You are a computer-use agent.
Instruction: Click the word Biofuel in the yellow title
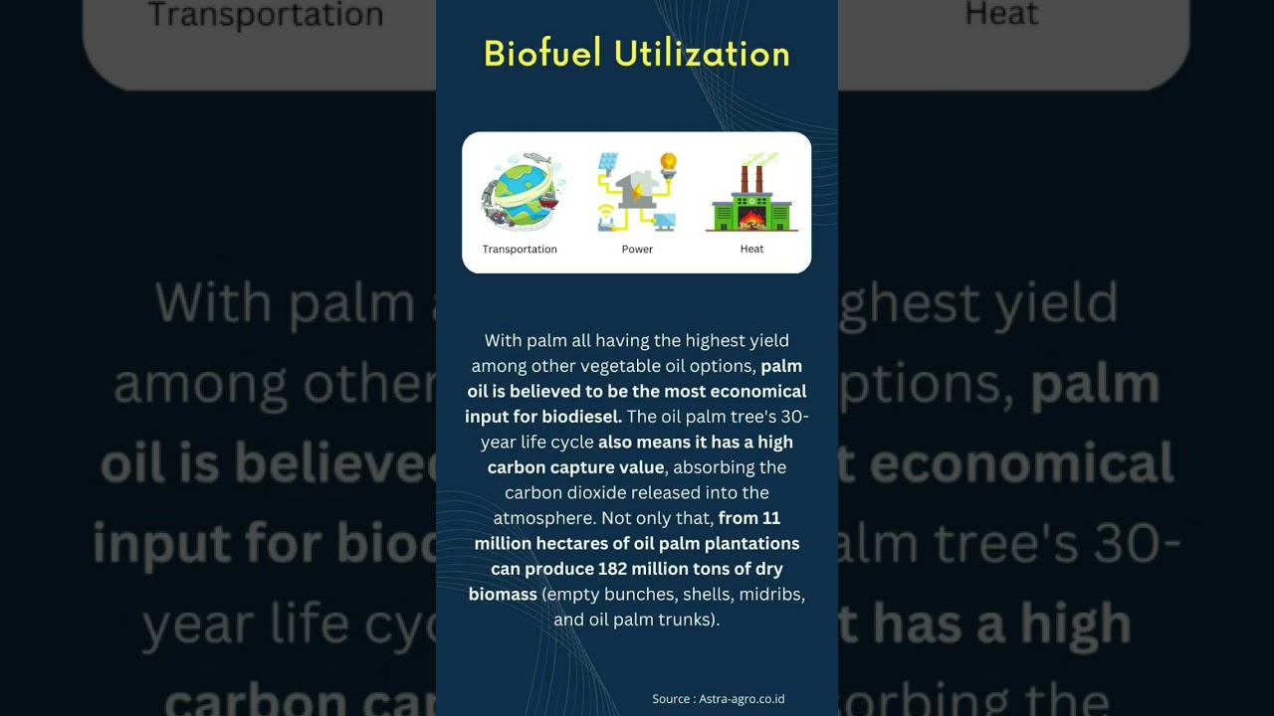[x=542, y=54]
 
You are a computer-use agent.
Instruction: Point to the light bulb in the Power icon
[x=669, y=162]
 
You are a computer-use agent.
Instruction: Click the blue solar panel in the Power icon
[x=608, y=163]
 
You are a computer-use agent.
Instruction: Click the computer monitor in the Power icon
[x=664, y=220]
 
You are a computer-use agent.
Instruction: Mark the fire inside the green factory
[x=751, y=217]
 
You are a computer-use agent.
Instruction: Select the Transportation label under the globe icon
[x=520, y=250]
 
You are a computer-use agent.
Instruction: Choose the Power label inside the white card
[x=637, y=250]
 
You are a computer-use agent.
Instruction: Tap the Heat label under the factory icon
[x=751, y=250]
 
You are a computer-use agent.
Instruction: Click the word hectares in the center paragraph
[x=573, y=544]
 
